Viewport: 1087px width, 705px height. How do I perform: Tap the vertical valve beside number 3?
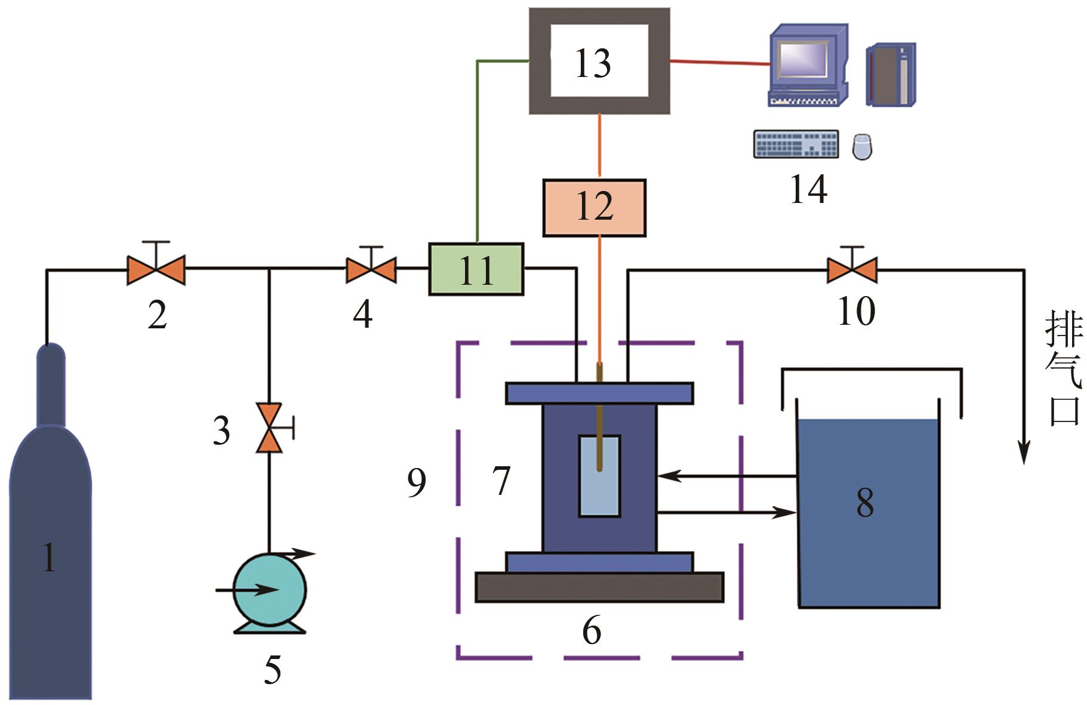269,427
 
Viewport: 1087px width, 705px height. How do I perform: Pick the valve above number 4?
371,269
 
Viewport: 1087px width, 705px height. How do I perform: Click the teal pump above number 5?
269,590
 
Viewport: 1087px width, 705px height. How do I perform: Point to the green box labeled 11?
476,269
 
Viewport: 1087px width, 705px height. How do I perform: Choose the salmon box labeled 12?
595,207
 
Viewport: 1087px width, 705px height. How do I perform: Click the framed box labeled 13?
599,61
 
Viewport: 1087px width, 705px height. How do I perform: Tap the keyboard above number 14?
796,144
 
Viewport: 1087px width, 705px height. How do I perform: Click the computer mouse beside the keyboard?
861,146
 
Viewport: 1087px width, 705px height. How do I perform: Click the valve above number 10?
852,270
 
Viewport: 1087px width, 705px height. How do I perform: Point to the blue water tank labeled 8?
869,512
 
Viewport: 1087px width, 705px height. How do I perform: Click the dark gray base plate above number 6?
599,587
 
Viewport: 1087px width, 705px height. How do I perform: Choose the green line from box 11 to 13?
477,149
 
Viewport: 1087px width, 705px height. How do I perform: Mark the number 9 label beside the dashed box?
416,482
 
